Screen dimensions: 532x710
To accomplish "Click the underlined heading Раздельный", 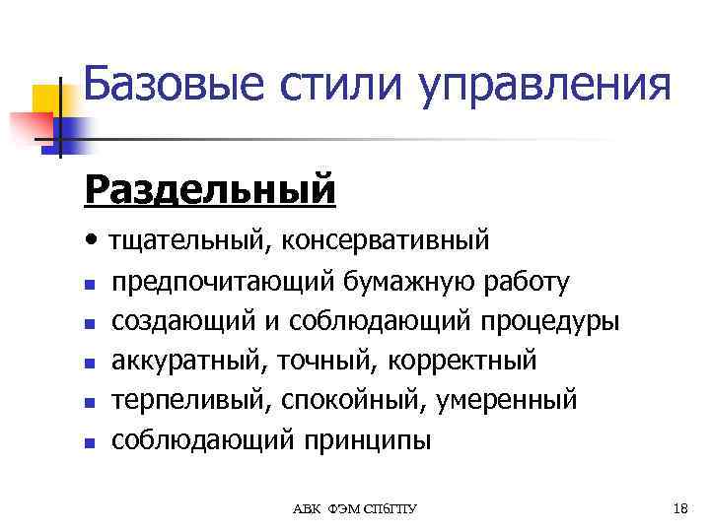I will (210, 187).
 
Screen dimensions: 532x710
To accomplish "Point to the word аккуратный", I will (187, 362).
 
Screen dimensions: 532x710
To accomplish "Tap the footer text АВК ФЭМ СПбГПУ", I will (355, 508).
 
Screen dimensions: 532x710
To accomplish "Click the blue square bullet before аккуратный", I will (90, 364).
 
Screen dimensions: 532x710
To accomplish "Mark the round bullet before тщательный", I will (92, 237).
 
